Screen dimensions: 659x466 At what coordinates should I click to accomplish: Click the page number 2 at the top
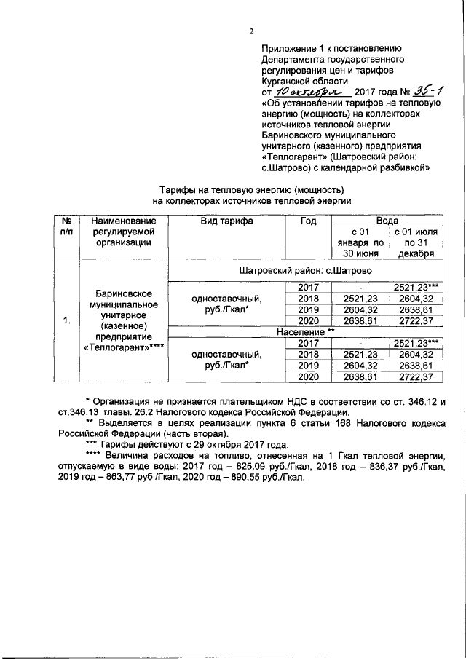250,31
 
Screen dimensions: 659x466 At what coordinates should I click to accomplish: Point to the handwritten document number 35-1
432,92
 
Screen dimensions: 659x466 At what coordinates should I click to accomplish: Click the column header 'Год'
309,221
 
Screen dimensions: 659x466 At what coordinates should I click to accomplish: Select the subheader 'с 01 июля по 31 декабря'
414,242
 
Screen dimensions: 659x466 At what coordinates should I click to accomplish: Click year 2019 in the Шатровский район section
309,309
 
